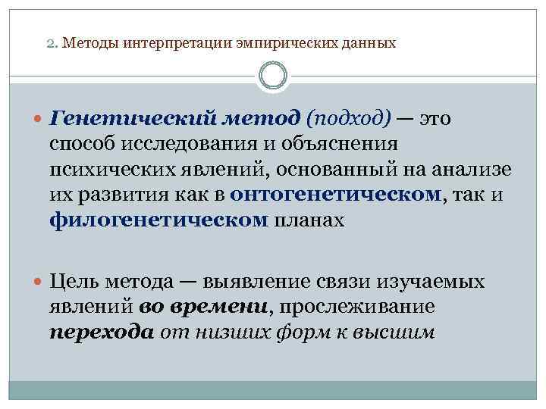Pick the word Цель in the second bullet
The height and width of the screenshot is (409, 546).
coord(72,282)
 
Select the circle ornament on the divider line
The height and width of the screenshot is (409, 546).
coord(273,76)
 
